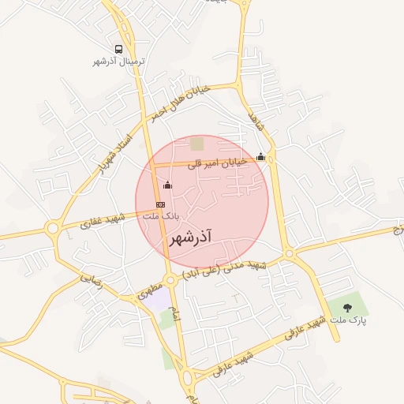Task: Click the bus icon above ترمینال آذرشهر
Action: (x=118, y=49)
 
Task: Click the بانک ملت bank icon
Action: (x=160, y=204)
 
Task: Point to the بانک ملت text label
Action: (x=165, y=215)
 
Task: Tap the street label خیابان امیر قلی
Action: (x=218, y=163)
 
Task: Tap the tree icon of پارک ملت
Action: (x=347, y=308)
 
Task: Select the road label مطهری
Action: (x=151, y=290)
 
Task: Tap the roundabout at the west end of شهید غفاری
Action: (x=53, y=229)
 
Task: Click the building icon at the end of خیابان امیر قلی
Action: (x=261, y=156)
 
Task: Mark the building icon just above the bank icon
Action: (x=166, y=185)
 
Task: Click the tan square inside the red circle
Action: (x=196, y=144)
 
